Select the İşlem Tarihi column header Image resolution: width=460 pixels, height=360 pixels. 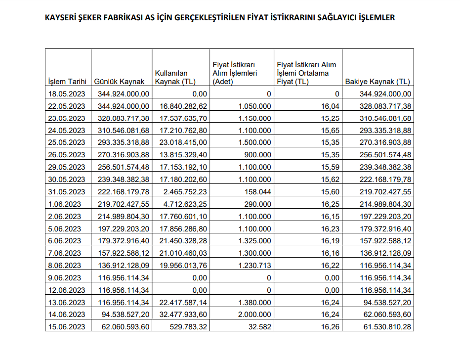pos(67,82)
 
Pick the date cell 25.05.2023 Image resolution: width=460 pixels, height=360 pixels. pos(66,142)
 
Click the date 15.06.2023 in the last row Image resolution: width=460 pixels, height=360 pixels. pos(66,326)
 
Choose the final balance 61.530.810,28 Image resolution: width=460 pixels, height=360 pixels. pos(385,326)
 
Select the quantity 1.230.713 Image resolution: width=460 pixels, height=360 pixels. pos(254,266)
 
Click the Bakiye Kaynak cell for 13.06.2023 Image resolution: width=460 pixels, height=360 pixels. pos(385,302)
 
